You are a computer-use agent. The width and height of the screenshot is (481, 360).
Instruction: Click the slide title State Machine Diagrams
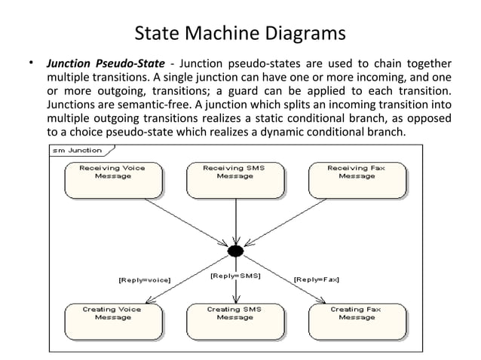(240, 35)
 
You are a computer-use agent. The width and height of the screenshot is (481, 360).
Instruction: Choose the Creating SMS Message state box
(234, 322)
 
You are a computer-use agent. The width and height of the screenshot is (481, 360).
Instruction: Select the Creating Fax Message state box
(357, 322)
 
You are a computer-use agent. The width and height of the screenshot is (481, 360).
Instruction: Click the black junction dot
(235, 251)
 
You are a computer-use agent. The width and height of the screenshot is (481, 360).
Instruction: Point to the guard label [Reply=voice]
(145, 279)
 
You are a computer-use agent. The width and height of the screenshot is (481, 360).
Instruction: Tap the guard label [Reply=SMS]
(235, 276)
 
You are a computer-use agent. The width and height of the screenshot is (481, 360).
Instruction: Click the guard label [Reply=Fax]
(316, 279)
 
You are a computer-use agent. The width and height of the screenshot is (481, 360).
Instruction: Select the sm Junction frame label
(76, 151)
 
